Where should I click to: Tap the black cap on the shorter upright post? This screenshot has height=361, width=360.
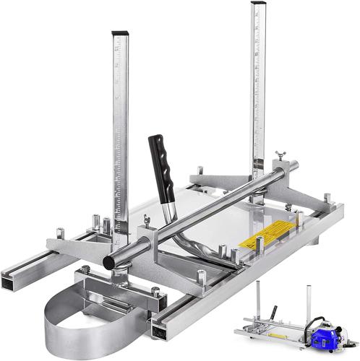click(120, 35)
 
